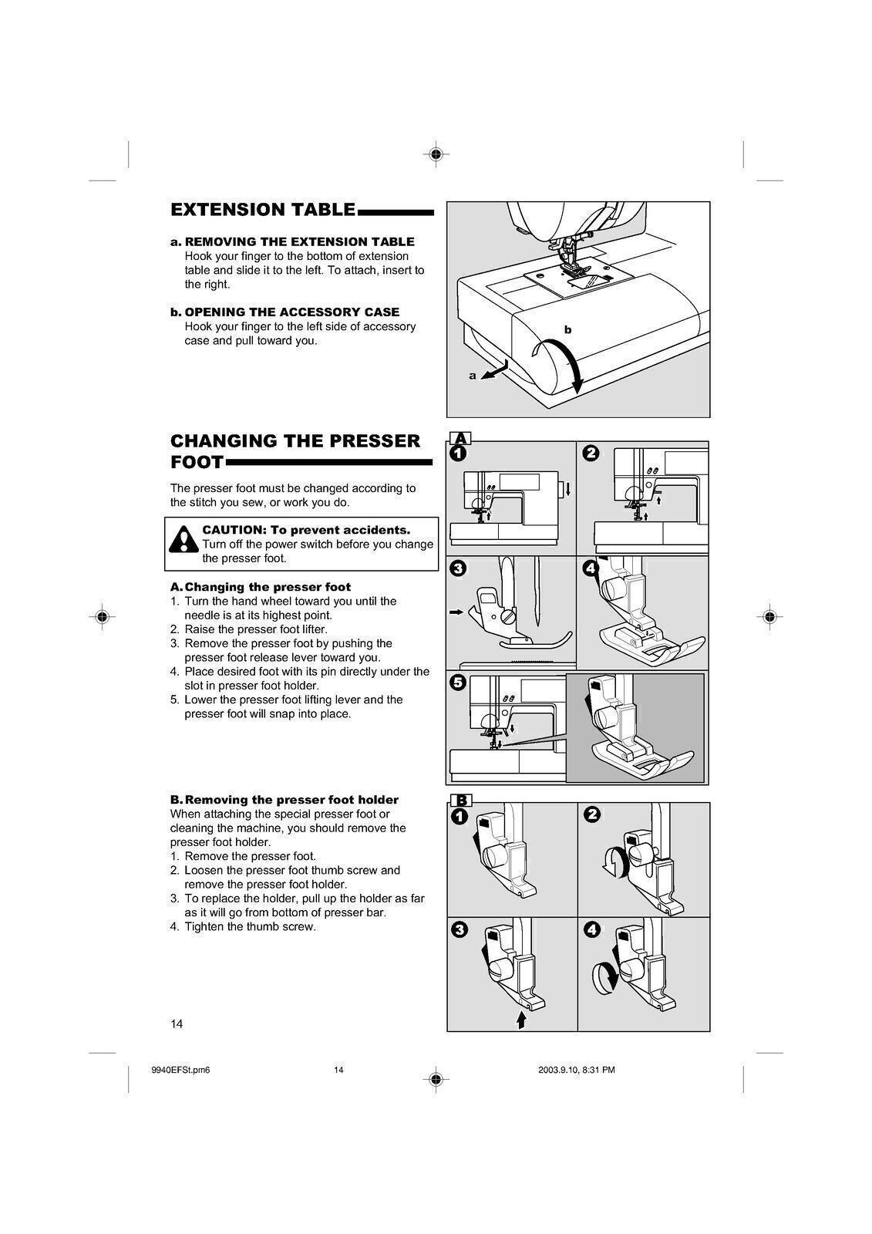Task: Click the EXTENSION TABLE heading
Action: (263, 210)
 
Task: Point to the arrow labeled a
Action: (493, 372)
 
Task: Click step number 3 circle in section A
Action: (457, 569)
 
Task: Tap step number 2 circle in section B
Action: (591, 815)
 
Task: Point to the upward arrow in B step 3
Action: (521, 1020)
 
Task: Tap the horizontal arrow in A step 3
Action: (456, 612)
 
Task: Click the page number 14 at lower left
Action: (177, 1024)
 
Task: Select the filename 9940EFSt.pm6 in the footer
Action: (182, 1070)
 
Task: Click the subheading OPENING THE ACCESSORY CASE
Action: (291, 312)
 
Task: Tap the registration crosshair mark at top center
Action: (436, 154)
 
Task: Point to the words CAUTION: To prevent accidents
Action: (306, 530)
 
